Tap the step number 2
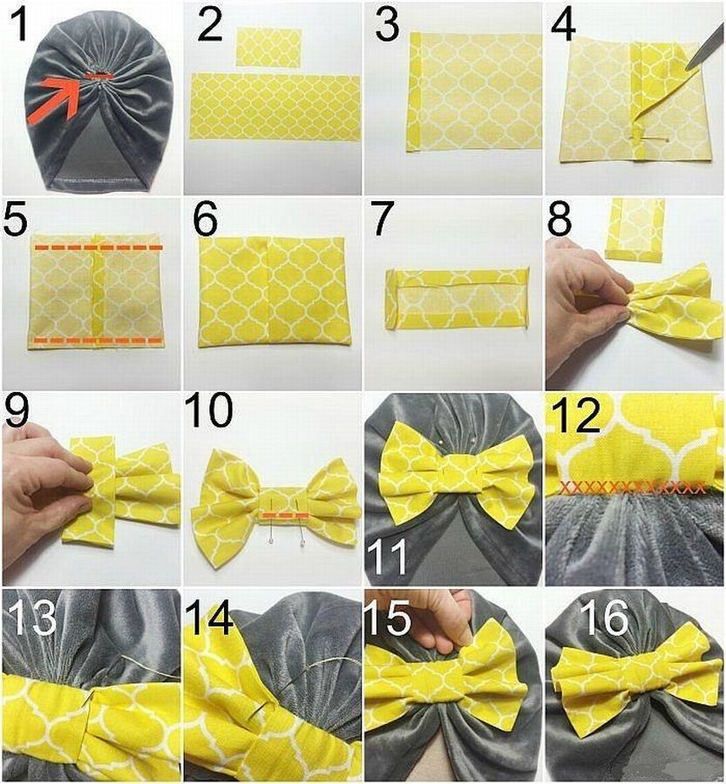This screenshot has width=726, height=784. (x=210, y=25)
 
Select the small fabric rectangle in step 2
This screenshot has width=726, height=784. (x=268, y=48)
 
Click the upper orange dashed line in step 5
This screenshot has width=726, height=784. (x=99, y=247)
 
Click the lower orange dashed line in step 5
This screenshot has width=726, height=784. (x=99, y=341)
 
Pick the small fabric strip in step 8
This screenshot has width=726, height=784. (x=635, y=229)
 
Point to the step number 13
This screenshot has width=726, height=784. (x=33, y=618)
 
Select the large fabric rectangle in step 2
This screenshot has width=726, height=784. (x=275, y=106)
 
